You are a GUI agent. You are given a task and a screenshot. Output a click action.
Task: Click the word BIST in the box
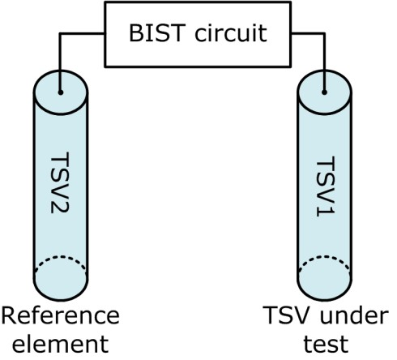157,33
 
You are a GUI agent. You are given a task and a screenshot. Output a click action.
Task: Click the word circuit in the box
231,33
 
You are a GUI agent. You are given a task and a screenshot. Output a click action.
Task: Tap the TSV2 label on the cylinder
60,182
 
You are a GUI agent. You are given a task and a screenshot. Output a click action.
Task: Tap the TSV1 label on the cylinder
326,186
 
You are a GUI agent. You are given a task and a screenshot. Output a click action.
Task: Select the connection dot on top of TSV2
61,92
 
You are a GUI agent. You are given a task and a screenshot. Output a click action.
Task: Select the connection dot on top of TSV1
324,92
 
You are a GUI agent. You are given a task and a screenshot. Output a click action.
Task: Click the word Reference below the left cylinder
61,315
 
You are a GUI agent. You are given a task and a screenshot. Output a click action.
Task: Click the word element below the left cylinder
61,344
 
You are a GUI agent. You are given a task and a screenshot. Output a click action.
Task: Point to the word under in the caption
354,315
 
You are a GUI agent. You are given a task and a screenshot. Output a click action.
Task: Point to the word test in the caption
327,344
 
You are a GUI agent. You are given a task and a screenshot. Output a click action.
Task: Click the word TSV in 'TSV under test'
288,315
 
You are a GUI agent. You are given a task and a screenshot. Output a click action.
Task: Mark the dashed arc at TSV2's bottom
61,256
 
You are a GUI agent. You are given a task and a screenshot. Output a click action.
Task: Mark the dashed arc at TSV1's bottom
324,256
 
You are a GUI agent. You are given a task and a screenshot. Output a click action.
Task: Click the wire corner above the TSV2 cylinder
60,34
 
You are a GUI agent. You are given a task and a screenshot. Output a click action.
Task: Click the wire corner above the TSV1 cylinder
324,34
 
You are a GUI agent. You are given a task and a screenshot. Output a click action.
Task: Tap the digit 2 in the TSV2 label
60,207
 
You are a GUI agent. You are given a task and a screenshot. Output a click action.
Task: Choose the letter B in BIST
136,33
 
